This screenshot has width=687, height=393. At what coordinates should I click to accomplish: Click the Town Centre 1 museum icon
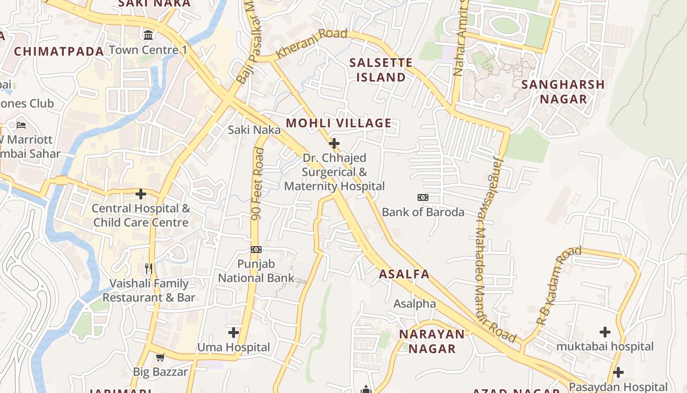click(148, 35)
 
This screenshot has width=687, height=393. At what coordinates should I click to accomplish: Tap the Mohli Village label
click(339, 123)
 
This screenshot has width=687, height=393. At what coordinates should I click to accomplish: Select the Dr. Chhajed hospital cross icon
click(334, 143)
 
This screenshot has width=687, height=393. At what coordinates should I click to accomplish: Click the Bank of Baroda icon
click(423, 197)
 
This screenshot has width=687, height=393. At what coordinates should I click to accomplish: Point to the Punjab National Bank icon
click(256, 250)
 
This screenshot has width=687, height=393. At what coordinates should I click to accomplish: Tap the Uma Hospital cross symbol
click(234, 333)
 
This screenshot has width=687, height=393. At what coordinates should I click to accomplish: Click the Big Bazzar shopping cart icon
click(160, 357)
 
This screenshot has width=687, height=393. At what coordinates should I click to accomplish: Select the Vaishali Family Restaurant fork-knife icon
click(149, 269)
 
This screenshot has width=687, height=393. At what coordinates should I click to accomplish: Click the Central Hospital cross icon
click(141, 194)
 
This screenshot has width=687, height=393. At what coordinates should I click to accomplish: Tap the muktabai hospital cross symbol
click(605, 332)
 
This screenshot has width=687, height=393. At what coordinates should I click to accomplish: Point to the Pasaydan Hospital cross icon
click(618, 372)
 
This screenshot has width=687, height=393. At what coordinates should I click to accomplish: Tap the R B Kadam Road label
click(558, 286)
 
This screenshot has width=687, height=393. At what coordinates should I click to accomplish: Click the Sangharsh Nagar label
click(563, 91)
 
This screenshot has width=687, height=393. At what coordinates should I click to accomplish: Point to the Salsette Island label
click(381, 70)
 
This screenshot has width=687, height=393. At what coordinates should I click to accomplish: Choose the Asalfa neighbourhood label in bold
click(404, 274)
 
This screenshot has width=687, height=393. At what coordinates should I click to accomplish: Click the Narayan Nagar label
click(432, 341)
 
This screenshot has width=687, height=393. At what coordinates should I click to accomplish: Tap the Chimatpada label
click(59, 52)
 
